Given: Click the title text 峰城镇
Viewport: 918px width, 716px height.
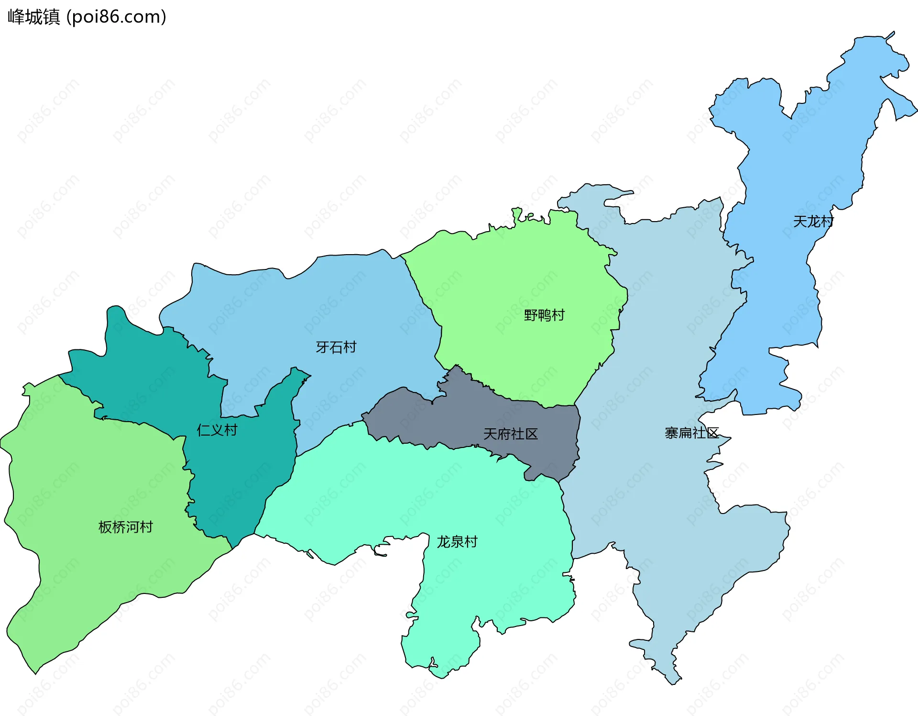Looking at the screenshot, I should [33, 17].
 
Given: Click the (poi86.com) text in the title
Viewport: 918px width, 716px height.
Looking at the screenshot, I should [117, 17].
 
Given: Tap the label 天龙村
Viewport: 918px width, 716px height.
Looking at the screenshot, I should [813, 222].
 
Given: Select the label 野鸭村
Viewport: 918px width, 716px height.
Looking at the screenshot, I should [544, 315].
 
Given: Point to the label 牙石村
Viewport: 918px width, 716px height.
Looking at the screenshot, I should [336, 347].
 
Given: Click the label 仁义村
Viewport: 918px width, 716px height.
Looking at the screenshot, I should [217, 430].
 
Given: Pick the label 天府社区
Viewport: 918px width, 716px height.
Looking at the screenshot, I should [510, 434].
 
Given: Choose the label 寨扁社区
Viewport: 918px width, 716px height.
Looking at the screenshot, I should [691, 433].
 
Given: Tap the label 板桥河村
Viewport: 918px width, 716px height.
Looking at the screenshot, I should [125, 527].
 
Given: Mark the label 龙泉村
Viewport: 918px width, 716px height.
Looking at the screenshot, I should [457, 542].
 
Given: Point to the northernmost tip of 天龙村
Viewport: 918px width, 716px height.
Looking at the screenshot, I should [893, 33].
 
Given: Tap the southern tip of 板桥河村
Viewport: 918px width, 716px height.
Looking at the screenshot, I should [36, 672].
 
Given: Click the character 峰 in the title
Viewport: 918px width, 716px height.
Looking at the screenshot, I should [16, 17].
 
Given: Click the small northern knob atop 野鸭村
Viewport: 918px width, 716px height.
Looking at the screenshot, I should [517, 212].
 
